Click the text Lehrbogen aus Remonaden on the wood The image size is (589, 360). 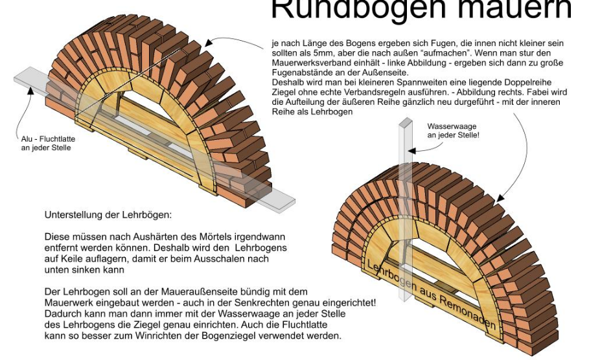(x=432, y=294)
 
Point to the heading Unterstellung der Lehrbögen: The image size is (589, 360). (x=108, y=215)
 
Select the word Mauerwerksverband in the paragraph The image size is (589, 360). (x=310, y=63)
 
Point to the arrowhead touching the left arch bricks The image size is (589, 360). (x=209, y=43)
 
